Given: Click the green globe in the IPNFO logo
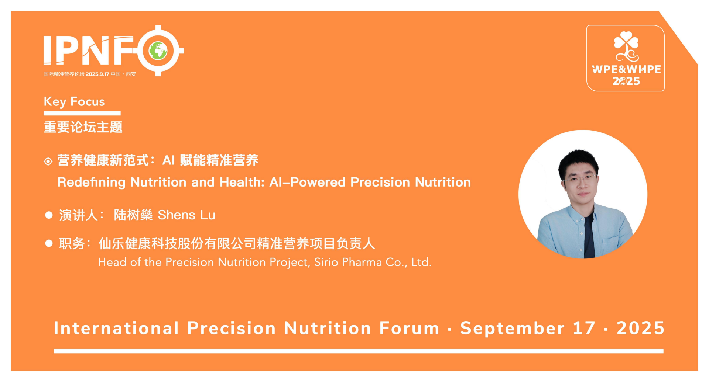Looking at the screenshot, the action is [x=158, y=51].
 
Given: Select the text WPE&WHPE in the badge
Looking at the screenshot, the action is [x=626, y=69].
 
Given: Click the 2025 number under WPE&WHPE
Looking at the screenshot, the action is [x=626, y=81].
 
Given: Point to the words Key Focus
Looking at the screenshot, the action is [x=74, y=101].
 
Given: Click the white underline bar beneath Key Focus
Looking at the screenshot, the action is [x=82, y=113].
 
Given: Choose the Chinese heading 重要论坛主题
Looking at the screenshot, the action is [x=83, y=127].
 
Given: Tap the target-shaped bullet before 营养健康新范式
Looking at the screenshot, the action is [x=48, y=161].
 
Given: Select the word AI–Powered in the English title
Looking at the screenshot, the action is [x=308, y=182].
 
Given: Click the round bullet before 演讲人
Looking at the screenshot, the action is [x=49, y=215].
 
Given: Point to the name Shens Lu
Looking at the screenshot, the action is [x=186, y=215].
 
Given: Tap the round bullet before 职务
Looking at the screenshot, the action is [x=49, y=243].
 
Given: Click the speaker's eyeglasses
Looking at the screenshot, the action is [x=579, y=179].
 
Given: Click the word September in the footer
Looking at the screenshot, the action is [x=512, y=329].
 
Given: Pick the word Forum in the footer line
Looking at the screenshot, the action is [x=409, y=328].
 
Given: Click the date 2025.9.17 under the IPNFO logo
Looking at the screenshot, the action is [x=97, y=74].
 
